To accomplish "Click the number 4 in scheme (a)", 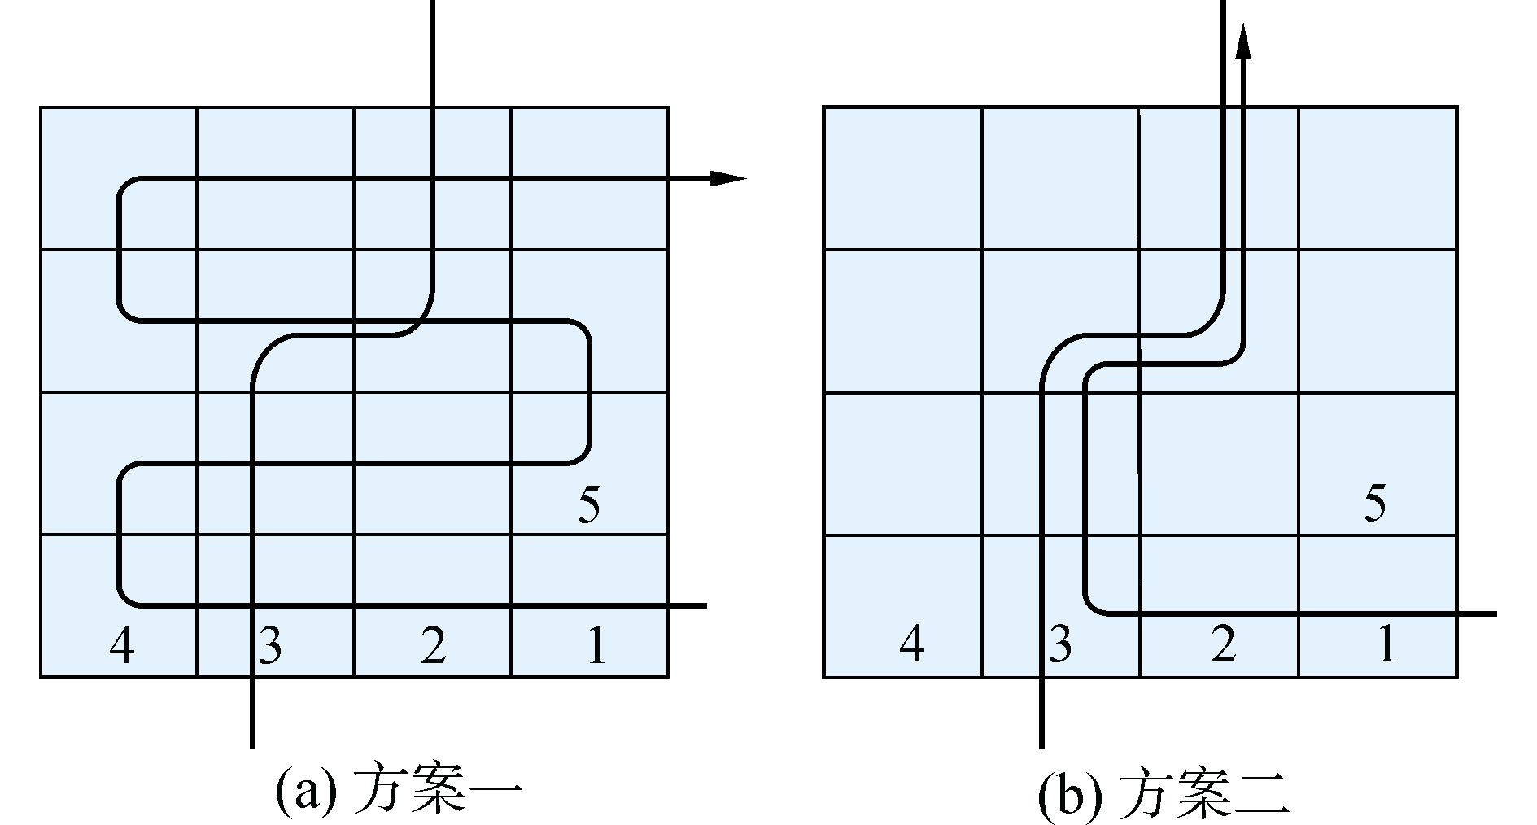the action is (x=121, y=646).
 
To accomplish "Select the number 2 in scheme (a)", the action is (x=434, y=646).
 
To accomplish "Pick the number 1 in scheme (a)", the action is (x=596, y=646).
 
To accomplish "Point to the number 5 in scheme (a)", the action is (x=589, y=504).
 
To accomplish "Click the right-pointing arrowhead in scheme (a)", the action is (x=727, y=178).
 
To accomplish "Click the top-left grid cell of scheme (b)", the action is (x=902, y=177).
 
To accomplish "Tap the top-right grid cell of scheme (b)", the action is (x=1377, y=177).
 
